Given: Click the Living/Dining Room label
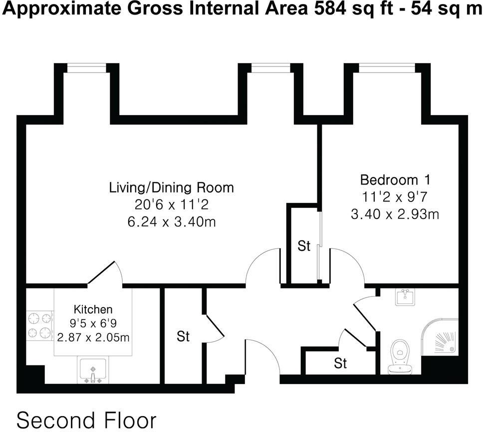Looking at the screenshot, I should (x=171, y=188).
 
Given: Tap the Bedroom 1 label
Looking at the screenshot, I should (x=395, y=179).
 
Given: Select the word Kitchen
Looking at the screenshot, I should (x=93, y=309).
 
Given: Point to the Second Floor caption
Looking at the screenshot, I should (x=86, y=419).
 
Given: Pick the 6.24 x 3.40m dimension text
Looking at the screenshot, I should (x=171, y=221).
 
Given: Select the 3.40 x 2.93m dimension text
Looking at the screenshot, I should (x=395, y=214).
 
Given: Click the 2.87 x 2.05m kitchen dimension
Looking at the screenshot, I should (x=93, y=337).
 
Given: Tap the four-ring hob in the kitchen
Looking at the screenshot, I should (x=39, y=325).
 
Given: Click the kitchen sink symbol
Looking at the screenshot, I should (x=92, y=370).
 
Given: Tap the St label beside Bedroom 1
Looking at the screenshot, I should (x=304, y=246).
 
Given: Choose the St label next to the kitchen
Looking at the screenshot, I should (x=183, y=336).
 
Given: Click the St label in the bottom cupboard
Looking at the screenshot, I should (x=340, y=362).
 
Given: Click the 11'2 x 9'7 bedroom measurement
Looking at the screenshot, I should (x=395, y=197).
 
